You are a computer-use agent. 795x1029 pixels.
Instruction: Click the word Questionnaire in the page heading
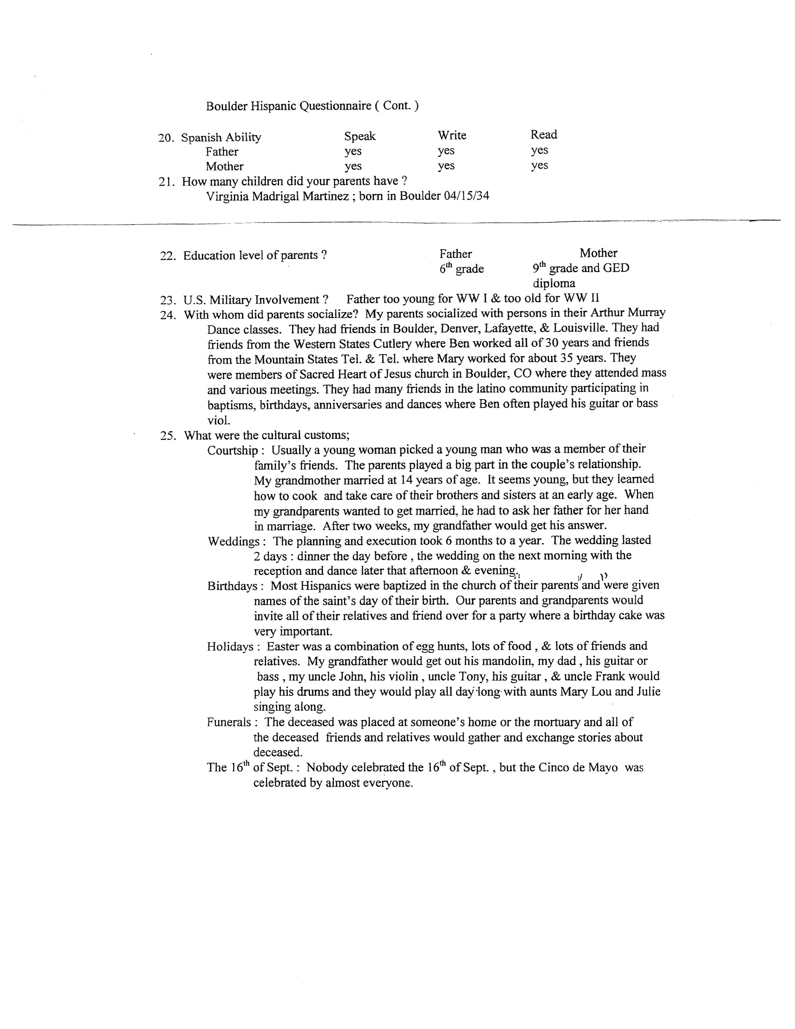tap(335, 106)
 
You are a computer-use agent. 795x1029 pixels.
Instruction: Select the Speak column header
tap(360, 136)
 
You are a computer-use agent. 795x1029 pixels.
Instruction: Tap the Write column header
tap(452, 135)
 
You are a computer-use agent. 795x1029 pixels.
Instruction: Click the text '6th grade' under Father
tap(461, 269)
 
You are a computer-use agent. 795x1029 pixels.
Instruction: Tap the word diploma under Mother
tap(554, 284)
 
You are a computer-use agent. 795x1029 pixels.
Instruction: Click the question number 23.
tap(167, 300)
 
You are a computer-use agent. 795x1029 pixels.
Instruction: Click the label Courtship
tap(232, 451)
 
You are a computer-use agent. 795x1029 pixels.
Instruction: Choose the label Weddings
tap(234, 541)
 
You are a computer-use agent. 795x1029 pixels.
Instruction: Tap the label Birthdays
tap(232, 586)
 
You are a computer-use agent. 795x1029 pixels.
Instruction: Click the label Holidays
tap(230, 646)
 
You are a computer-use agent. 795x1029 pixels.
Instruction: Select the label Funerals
tap(229, 722)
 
